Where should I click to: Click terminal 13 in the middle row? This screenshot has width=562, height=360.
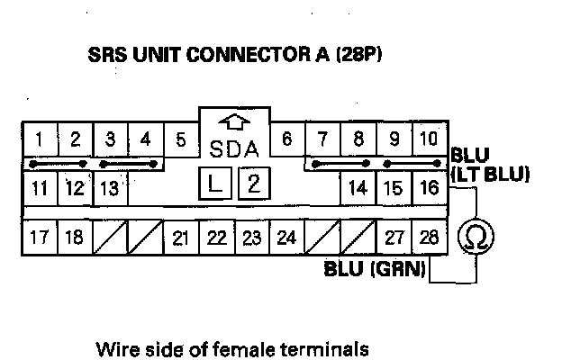(109, 188)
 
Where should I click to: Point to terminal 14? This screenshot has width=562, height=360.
(358, 188)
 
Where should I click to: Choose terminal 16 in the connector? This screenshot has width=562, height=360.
(429, 188)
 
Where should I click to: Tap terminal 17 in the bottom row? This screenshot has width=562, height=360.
(40, 238)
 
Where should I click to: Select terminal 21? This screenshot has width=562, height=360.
(180, 238)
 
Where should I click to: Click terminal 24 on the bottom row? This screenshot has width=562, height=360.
(286, 238)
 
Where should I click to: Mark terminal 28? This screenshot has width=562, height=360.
(429, 238)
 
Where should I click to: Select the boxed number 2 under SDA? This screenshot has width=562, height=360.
(253, 184)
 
